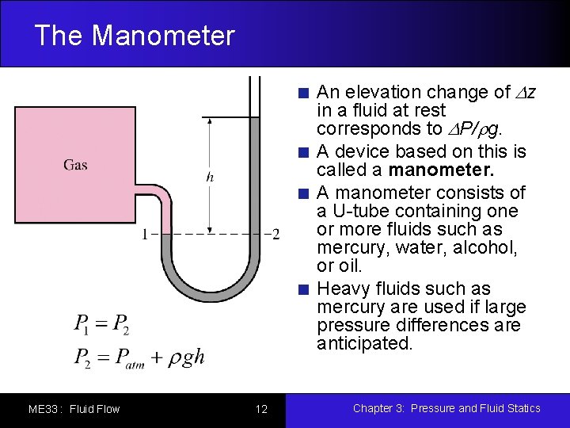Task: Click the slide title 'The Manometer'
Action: coord(135,36)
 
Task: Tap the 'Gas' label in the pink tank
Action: coord(75,165)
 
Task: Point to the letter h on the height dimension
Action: coord(210,177)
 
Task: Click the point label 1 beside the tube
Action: coord(144,235)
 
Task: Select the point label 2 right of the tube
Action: coord(275,235)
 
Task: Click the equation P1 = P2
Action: coord(101,323)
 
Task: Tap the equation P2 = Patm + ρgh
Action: coord(139,357)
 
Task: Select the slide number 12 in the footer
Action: coord(261,409)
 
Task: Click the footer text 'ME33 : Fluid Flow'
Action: coord(74,409)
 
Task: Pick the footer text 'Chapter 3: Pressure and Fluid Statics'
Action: coord(446,408)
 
